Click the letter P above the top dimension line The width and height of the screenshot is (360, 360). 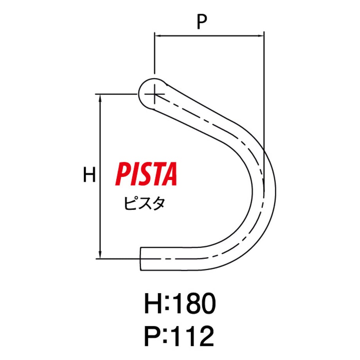(202, 22)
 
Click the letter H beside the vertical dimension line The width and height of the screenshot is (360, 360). (89, 175)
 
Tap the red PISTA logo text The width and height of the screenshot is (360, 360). (146, 174)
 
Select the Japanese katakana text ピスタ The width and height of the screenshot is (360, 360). (144, 203)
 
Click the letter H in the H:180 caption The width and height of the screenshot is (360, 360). (153, 304)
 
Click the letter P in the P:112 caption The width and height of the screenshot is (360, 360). (153, 336)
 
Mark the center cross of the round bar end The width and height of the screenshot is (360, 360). (155, 94)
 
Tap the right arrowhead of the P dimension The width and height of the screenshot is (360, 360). (261, 36)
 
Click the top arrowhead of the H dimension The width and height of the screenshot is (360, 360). (100, 97)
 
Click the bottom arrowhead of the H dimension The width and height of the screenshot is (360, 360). (100, 255)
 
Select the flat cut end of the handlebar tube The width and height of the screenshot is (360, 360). (140, 259)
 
